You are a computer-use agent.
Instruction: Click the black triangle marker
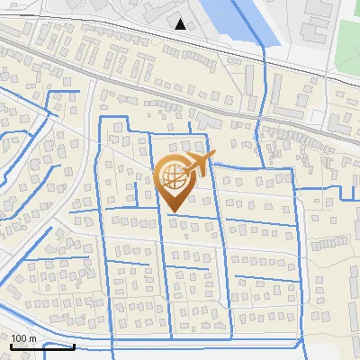click(181, 23)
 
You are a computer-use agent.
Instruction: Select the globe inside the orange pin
click(172, 177)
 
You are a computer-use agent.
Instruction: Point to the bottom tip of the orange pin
click(172, 211)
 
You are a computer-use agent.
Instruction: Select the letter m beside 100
click(34, 337)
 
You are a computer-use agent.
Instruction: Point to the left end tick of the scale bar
click(12, 344)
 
